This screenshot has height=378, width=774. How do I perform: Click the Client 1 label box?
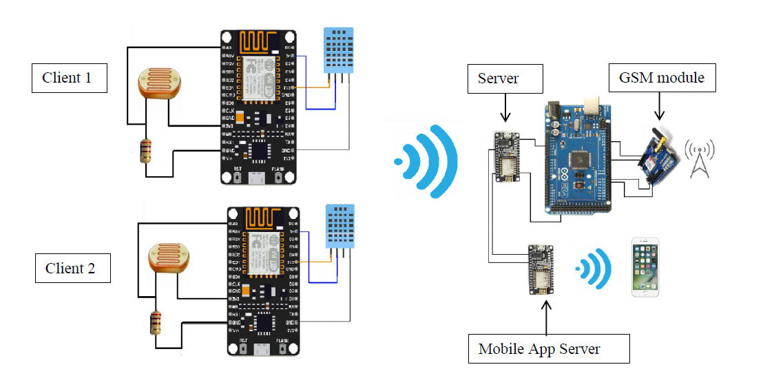point(69,77)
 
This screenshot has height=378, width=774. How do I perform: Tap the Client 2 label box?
point(72,268)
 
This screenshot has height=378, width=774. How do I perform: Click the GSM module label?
point(662,77)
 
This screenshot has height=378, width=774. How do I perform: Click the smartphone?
point(645,267)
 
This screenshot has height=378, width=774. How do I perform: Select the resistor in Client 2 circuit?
point(156,323)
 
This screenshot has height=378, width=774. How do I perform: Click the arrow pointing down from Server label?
point(506,109)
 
